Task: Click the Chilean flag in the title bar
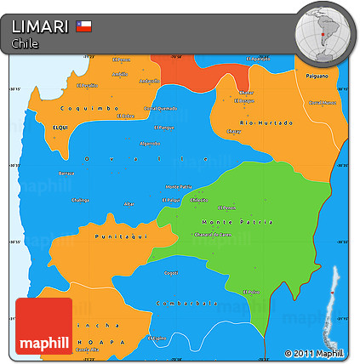point(83,26)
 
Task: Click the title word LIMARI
point(40,27)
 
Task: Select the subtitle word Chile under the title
point(25,43)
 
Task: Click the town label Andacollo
point(150,81)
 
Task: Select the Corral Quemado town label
point(160,108)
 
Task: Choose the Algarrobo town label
point(149,143)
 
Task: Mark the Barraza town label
point(66,173)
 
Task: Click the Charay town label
point(235,131)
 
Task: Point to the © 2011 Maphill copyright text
point(314,353)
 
